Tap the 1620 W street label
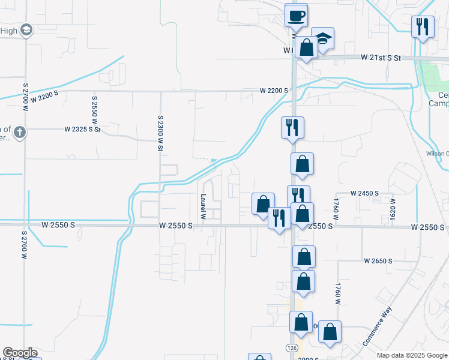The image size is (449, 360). click(393, 208)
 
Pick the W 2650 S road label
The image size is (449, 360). click(378, 261)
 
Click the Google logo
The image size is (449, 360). click(20, 353)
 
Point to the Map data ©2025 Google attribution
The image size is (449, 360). click(412, 355)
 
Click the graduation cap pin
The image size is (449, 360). click(323, 39)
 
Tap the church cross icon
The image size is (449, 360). click(19, 132)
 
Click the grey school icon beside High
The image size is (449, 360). click(26, 29)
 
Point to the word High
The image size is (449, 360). click(8, 31)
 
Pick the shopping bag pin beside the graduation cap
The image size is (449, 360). click(306, 47)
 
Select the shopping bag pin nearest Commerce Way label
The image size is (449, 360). click(330, 332)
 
